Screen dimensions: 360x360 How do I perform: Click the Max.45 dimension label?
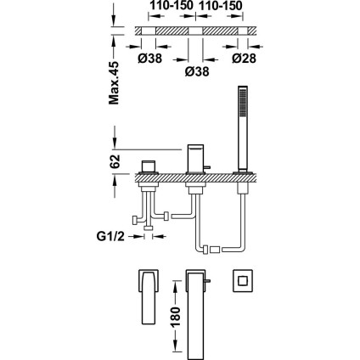click(114, 82)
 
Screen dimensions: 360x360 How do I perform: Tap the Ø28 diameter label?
click(244, 59)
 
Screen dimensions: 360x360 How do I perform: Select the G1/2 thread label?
click(110, 236)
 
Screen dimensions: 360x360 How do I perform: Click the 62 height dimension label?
click(115, 161)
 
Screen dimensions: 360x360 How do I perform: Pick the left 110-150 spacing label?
click(172, 5)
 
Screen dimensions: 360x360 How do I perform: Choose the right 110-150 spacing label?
click(221, 5)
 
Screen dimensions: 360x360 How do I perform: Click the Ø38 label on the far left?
click(150, 59)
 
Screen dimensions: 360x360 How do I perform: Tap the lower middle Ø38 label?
click(197, 71)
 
